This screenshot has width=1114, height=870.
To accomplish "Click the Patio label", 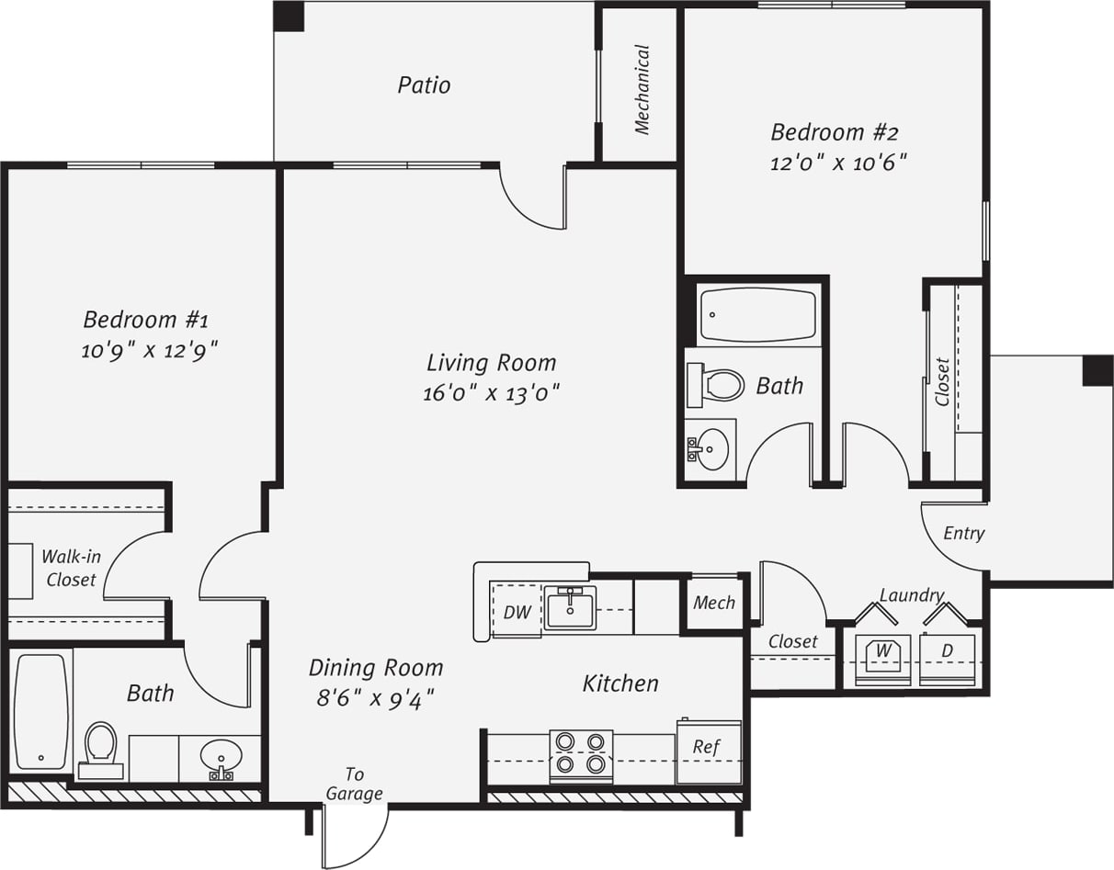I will click(424, 85).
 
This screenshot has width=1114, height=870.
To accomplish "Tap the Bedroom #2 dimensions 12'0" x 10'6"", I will click(839, 164).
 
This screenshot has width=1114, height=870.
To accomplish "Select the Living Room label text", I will click(492, 362).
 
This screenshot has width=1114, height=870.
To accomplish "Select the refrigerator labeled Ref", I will click(708, 751).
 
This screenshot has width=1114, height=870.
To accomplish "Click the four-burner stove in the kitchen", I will click(581, 753).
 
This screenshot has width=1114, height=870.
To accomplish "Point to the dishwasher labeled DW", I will click(517, 611).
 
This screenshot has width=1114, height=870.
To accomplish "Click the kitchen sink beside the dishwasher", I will click(571, 607).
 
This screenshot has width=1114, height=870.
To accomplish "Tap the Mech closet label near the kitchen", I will click(714, 603).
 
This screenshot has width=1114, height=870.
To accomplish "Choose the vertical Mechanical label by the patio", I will click(642, 90).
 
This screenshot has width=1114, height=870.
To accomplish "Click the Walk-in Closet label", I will click(71, 568).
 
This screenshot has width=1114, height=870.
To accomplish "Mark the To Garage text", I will click(355, 785).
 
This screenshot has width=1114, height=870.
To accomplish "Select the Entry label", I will click(964, 533).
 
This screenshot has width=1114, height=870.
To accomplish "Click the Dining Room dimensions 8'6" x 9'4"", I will click(375, 698).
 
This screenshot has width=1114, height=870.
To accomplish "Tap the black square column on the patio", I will click(289, 17).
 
